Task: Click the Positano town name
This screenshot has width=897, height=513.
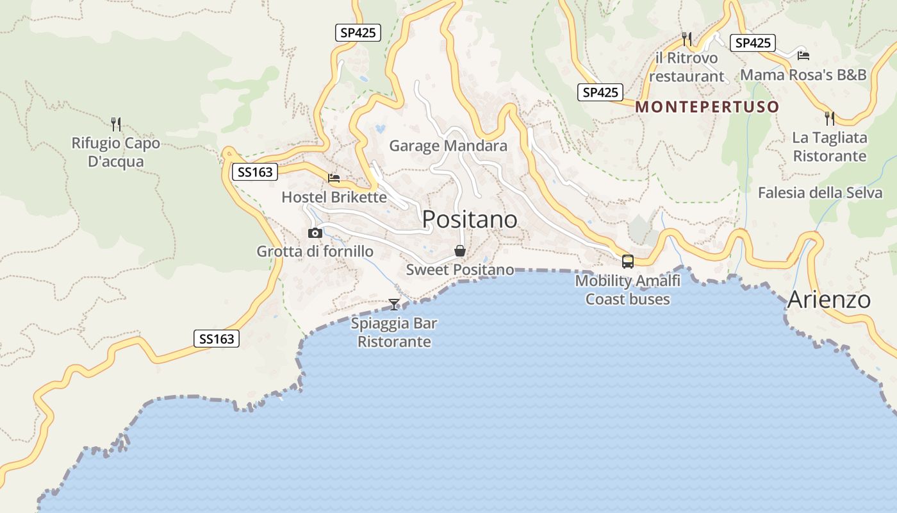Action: [x=470, y=219]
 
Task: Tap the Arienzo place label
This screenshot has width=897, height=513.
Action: [x=829, y=299]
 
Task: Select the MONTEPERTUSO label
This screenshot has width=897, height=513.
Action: [x=707, y=107]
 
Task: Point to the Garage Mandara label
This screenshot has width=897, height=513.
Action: [x=448, y=146]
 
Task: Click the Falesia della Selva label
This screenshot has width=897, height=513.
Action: [x=820, y=192]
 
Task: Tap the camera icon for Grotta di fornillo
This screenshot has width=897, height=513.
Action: [x=315, y=233]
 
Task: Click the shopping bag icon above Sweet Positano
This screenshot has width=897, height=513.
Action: [x=460, y=250]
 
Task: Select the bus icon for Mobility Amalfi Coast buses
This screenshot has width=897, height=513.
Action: [x=628, y=262]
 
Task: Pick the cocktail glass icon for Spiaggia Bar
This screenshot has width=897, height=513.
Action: [x=394, y=304]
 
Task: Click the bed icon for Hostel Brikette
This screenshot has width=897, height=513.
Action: [x=334, y=178]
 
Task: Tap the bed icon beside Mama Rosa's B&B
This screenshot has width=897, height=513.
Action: [x=803, y=55]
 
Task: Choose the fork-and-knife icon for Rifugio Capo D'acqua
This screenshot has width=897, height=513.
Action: [x=116, y=124]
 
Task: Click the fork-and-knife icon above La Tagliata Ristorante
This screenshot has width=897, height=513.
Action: [x=830, y=118]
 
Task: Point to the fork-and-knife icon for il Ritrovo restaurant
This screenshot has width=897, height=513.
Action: [x=687, y=39]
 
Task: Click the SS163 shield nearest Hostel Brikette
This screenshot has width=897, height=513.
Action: [x=255, y=172]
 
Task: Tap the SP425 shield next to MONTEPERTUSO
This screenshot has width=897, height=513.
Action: [x=600, y=92]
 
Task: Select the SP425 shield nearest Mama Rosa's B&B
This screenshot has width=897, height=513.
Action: [x=753, y=43]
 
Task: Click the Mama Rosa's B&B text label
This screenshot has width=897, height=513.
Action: [x=803, y=75]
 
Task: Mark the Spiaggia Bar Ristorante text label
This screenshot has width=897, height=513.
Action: [x=394, y=332]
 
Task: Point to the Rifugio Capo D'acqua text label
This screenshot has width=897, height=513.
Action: [x=116, y=152]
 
